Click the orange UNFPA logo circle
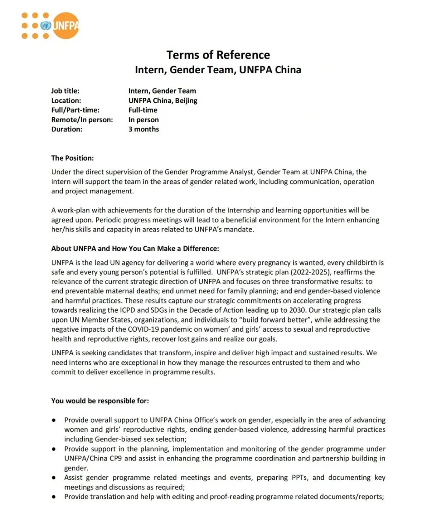[66, 25]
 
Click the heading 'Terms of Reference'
[218, 55]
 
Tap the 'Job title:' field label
[65, 91]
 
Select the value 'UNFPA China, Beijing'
[163, 101]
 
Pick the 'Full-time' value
[143, 110]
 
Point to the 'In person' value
[144, 120]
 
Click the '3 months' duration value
[144, 129]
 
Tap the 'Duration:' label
[66, 129]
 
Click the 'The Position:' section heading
[72, 158]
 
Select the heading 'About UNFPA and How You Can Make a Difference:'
[135, 248]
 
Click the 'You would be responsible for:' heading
[100, 401]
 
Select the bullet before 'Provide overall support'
[54, 420]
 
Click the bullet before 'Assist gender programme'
[54, 477]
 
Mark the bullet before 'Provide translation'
[54, 497]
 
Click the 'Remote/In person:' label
[82, 120]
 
